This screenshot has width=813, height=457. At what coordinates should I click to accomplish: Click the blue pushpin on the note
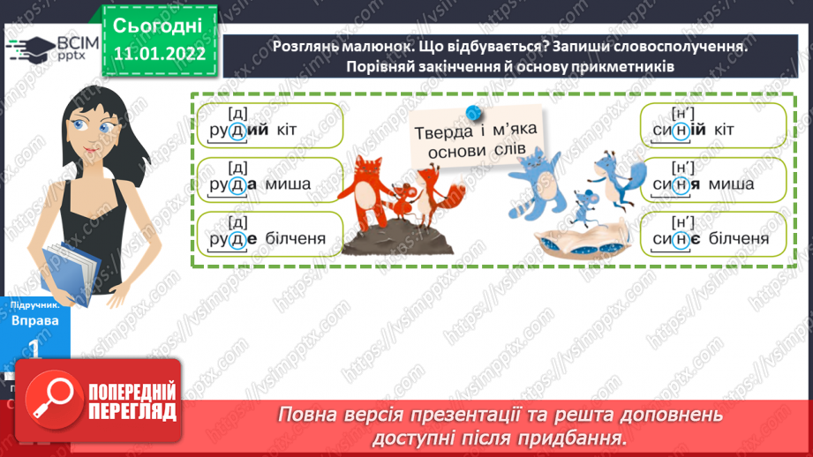pyautogui.click(x=474, y=112)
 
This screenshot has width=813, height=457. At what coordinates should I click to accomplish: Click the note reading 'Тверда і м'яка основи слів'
pyautogui.click(x=476, y=142)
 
